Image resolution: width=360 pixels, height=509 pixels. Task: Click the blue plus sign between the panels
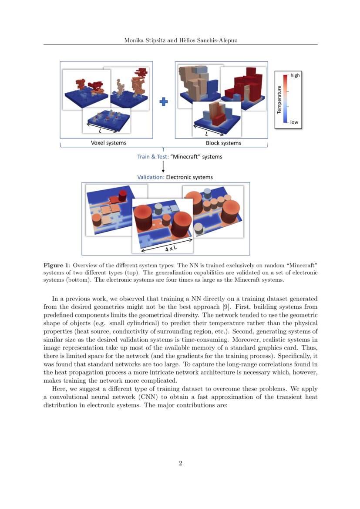164,102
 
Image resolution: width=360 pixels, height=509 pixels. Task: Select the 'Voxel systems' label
108,143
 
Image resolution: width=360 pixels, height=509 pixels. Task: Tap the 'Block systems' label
223,143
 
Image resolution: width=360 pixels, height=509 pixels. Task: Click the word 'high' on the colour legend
295,75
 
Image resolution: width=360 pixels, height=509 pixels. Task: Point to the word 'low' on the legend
294,122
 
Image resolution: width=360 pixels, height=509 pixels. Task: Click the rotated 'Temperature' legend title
279,100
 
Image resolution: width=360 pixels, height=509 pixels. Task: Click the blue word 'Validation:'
151,177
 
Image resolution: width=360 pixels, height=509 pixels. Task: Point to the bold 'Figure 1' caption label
56,265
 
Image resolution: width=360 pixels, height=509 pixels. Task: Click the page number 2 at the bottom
180,463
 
